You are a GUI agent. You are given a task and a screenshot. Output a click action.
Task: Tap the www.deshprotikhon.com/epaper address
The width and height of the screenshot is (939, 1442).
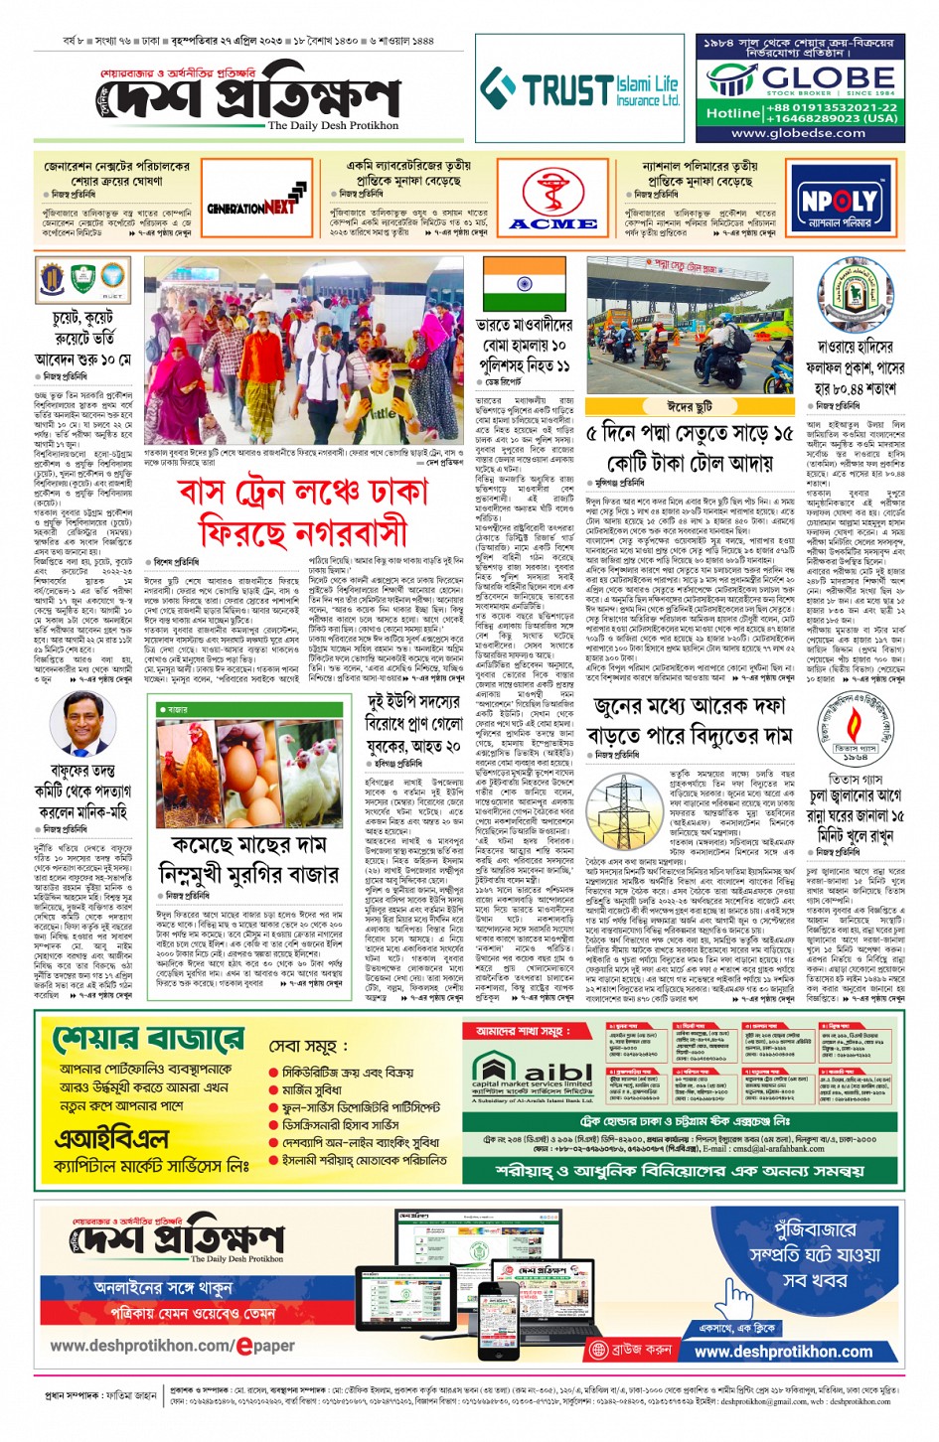pyautogui.click(x=172, y=1346)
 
